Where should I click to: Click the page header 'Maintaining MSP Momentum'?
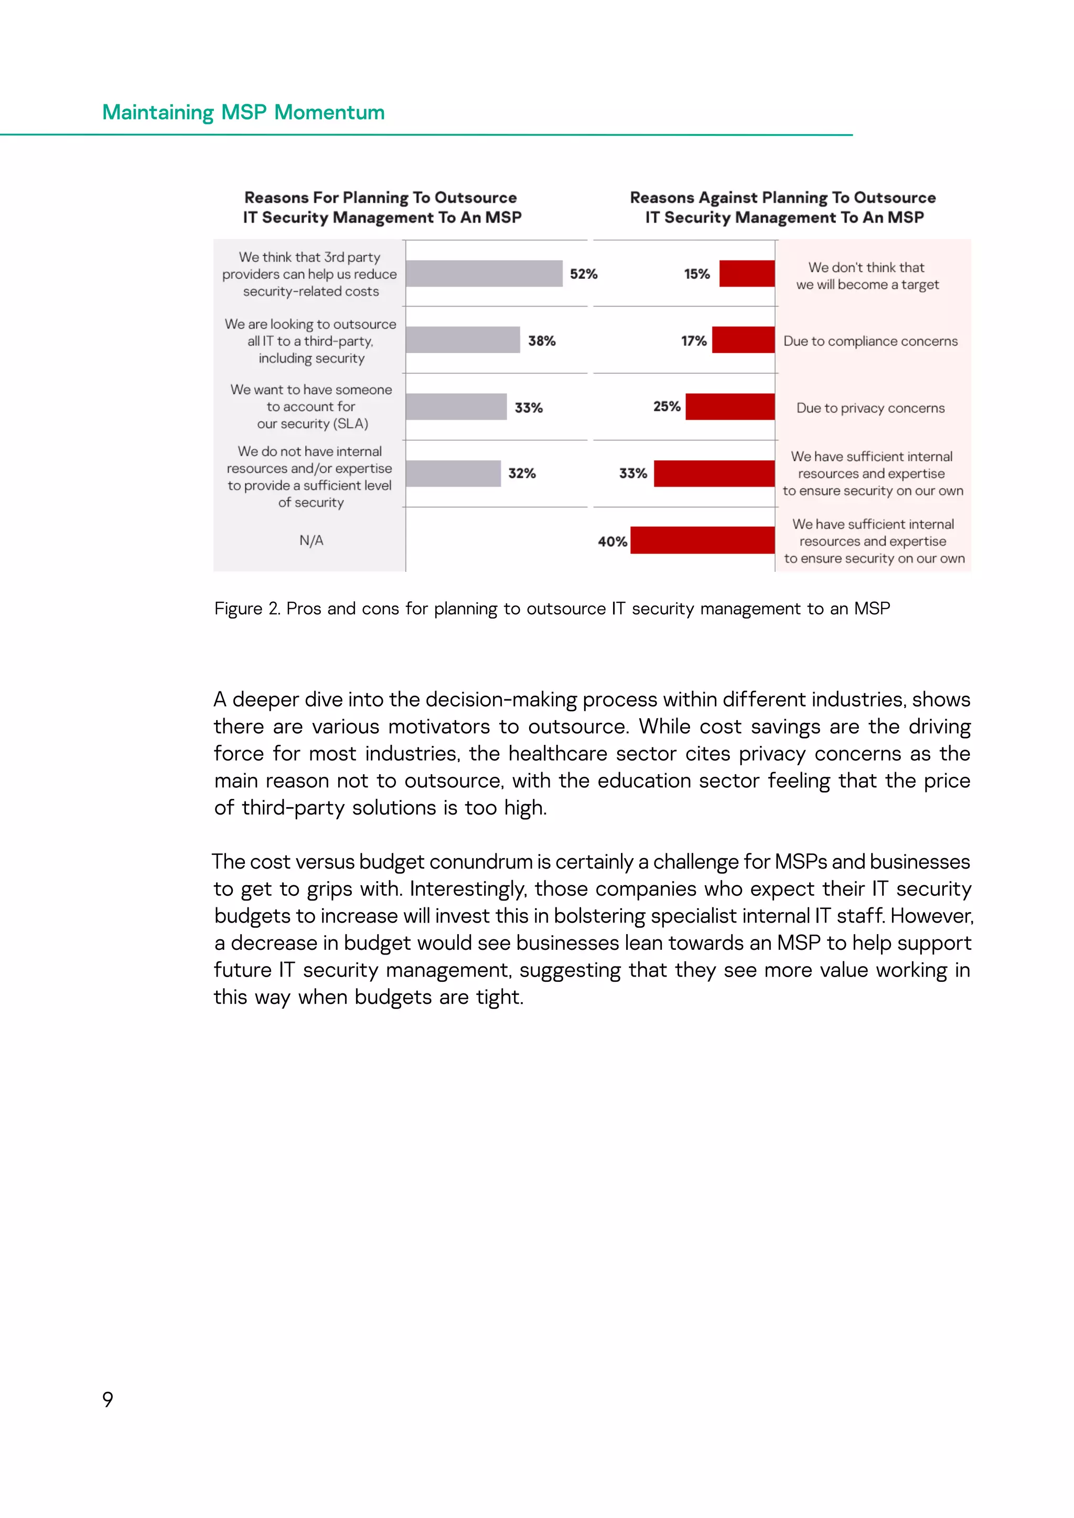pyautogui.click(x=243, y=112)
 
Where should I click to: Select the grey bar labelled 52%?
pyautogui.click(x=484, y=274)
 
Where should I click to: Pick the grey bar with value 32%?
pyautogui.click(x=453, y=473)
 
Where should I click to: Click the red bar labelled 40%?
pyautogui.click(x=702, y=540)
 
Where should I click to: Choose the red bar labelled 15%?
pyautogui.click(x=747, y=274)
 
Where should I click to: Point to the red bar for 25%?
pyautogui.click(x=729, y=407)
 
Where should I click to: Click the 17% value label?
pyautogui.click(x=694, y=341)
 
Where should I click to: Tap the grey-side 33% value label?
pyautogui.click(x=529, y=408)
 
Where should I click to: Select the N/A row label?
pyautogui.click(x=311, y=540)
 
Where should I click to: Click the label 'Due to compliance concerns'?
pyautogui.click(x=871, y=341)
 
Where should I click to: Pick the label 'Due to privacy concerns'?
pyautogui.click(x=871, y=408)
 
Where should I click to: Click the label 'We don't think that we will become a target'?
pyautogui.click(x=867, y=276)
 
